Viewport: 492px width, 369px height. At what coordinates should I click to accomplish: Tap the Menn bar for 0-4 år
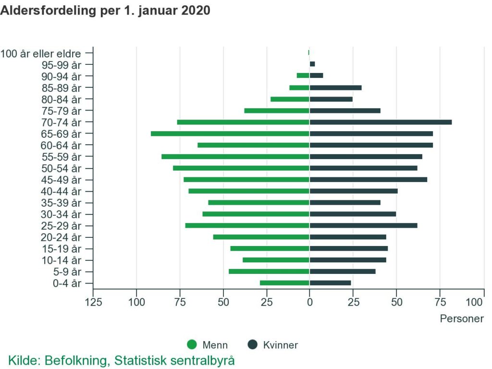tap(284, 283)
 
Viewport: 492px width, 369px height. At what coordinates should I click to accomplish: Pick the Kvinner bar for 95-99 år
tap(312, 64)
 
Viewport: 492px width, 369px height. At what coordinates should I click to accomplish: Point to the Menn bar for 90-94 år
tap(303, 75)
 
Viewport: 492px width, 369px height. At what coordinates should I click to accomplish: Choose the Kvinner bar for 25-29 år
tap(363, 225)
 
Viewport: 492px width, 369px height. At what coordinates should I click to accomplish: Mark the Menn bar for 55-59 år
tap(235, 157)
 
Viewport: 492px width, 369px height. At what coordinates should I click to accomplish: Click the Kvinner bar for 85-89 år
tap(335, 87)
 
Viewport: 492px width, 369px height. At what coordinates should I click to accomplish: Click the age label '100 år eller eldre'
tap(40, 53)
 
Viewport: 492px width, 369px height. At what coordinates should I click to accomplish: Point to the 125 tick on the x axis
tap(93, 302)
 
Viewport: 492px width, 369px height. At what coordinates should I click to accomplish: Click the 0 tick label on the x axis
tap(310, 302)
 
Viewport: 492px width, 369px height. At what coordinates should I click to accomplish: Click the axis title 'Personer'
tap(462, 319)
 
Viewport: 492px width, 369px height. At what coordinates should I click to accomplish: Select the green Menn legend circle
tap(192, 345)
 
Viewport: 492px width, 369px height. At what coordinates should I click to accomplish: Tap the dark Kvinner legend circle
tap(253, 345)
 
